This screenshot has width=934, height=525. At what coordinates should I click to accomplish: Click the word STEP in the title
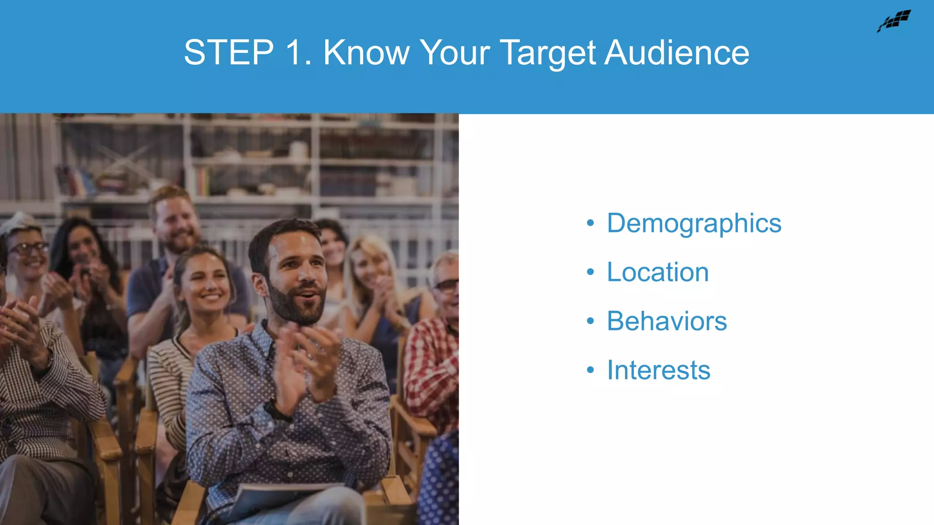click(x=228, y=52)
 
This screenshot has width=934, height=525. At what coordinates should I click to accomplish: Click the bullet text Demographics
click(x=694, y=223)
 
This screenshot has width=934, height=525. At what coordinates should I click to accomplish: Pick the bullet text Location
click(x=657, y=272)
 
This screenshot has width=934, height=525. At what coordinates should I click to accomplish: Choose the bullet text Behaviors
click(x=666, y=321)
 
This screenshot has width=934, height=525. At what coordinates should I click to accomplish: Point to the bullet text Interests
click(x=658, y=370)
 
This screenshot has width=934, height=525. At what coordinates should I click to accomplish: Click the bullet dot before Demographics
click(x=591, y=223)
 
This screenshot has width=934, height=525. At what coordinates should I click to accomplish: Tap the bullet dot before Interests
click(x=591, y=370)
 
